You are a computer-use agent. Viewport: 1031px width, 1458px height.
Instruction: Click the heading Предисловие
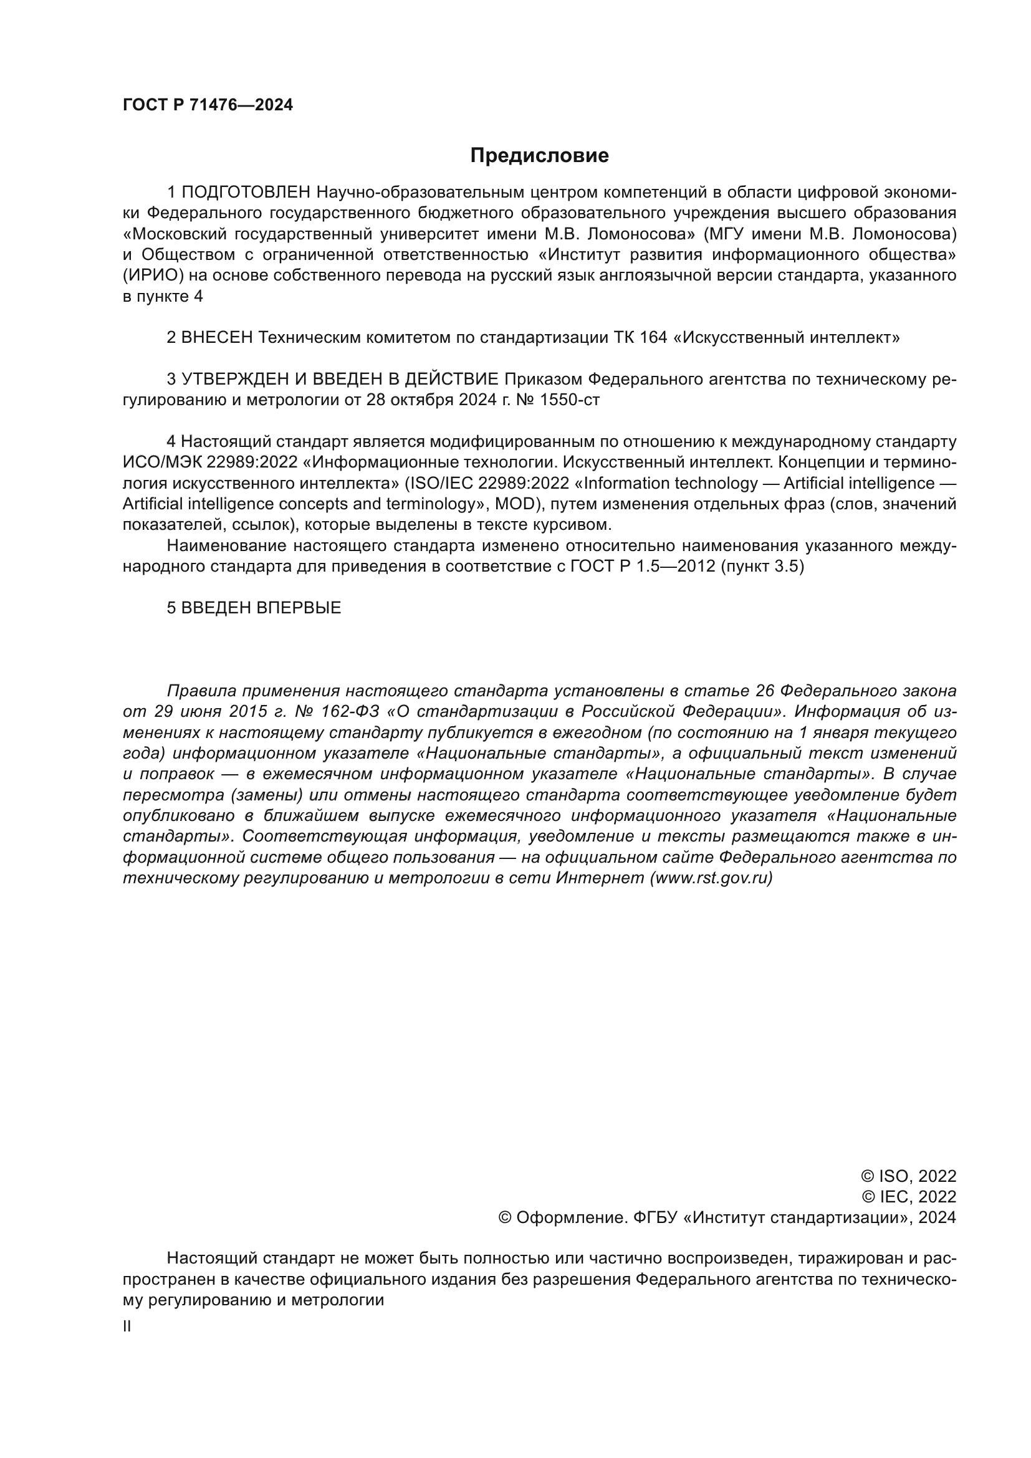tap(539, 156)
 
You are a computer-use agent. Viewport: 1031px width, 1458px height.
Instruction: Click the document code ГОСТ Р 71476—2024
tap(208, 105)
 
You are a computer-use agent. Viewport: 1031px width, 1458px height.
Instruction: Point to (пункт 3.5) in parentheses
tap(762, 567)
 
